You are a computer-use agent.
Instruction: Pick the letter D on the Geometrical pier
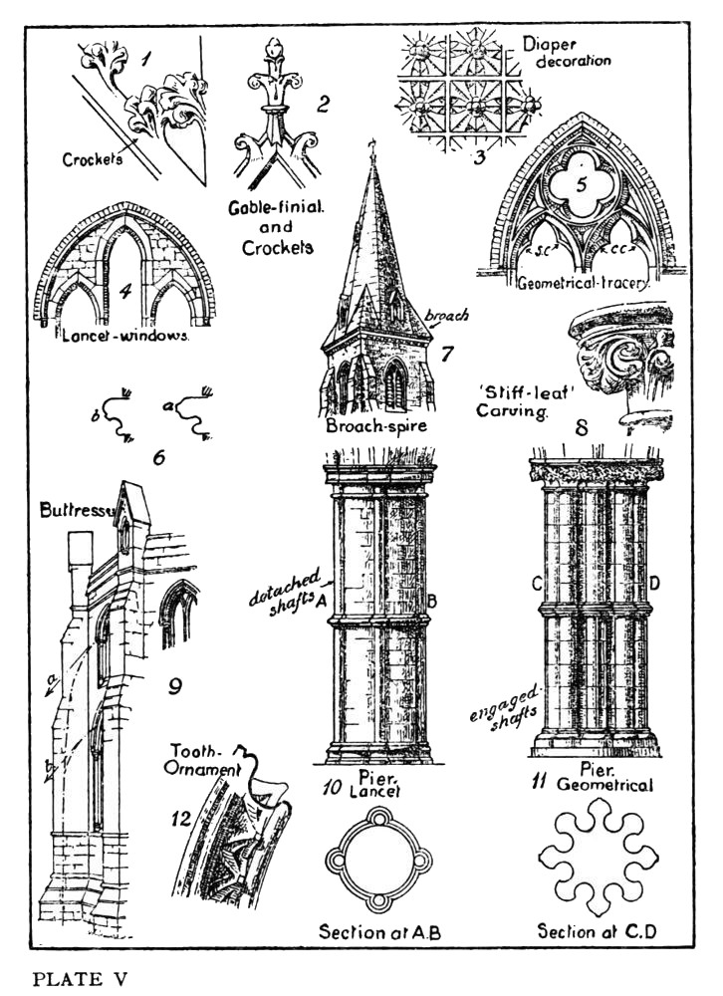(x=654, y=582)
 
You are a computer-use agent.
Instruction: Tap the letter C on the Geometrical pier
(x=538, y=584)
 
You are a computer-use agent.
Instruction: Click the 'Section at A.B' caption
(x=379, y=932)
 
